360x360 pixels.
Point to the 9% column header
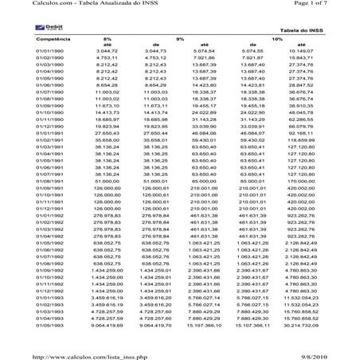180,37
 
